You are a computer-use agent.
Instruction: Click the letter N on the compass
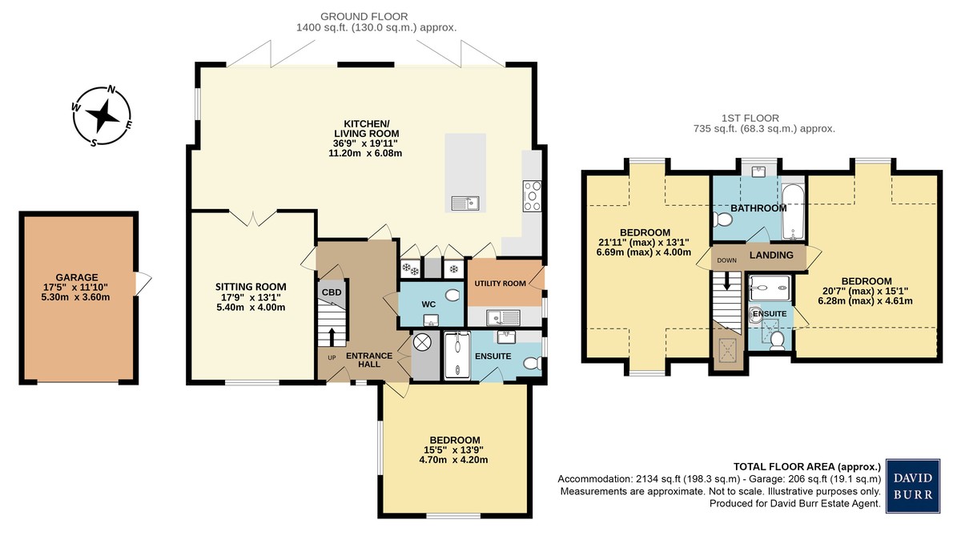pos(111,90)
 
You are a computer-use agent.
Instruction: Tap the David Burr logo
pos(913,486)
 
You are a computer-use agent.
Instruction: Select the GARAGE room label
pos(77,278)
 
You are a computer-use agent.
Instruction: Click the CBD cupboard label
pos(332,292)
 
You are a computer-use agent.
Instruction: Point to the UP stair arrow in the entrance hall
pos(332,337)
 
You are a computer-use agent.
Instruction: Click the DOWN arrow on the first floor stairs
pos(726,281)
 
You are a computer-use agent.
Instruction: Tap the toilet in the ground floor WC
pos(452,296)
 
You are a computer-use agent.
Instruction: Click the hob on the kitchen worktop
pos(532,196)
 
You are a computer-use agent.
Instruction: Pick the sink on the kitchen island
pos(465,203)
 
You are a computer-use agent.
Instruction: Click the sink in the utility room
pos(503,317)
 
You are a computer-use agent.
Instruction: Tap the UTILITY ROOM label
pos(501,284)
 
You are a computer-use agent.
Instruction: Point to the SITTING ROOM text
pos(251,287)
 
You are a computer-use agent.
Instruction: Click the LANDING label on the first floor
pos(771,255)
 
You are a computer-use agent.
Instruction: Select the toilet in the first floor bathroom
pos(723,220)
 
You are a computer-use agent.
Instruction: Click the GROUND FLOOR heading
pos(364,17)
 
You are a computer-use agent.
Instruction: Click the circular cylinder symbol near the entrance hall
pos(421,343)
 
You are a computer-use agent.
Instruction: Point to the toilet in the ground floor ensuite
pos(533,363)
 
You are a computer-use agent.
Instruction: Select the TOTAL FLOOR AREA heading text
pos(807,466)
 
